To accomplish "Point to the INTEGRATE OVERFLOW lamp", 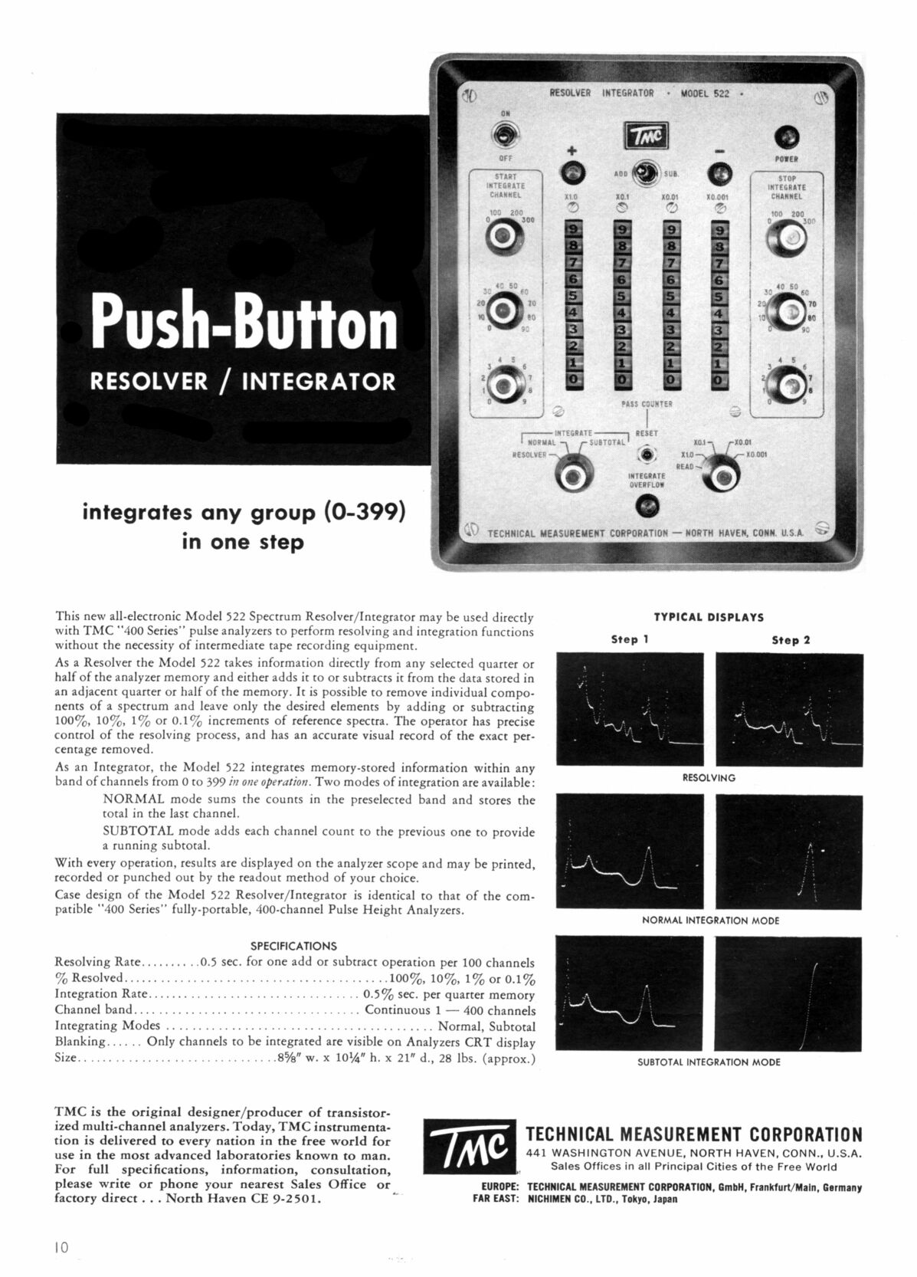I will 647,506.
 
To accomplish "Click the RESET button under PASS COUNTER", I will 648,455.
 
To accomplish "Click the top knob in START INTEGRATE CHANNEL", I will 504,237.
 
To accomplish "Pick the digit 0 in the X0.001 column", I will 719,379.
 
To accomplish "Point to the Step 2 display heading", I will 791,640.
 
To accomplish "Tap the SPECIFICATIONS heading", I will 294,946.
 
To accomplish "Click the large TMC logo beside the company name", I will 469,1151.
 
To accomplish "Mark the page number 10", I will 62,1247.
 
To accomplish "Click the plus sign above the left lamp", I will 571,149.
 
